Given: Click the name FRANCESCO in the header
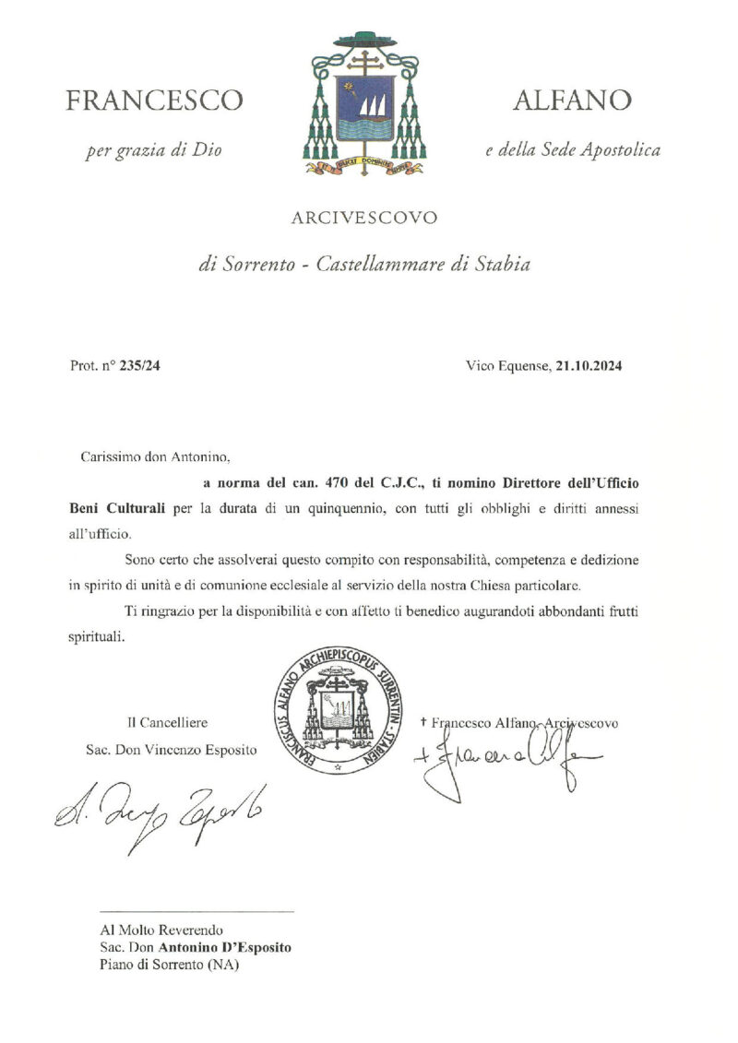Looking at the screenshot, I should coord(154,101).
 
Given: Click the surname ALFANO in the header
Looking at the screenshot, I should coord(573,101).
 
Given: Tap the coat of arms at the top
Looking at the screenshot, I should coord(363,103).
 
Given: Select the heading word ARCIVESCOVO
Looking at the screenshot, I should coord(363,219).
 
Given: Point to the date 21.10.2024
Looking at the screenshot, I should coord(589,366).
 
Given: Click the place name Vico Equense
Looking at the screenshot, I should coord(507,366).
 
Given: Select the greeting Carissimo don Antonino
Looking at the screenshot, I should coord(153,456).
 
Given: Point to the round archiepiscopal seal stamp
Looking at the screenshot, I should coord(338,713).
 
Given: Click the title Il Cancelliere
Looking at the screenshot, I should coord(167,723).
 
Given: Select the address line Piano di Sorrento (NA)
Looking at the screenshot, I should coord(169,965).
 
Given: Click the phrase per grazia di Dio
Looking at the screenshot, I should coord(154,149).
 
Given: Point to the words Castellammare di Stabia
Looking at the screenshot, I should coord(423,266).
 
